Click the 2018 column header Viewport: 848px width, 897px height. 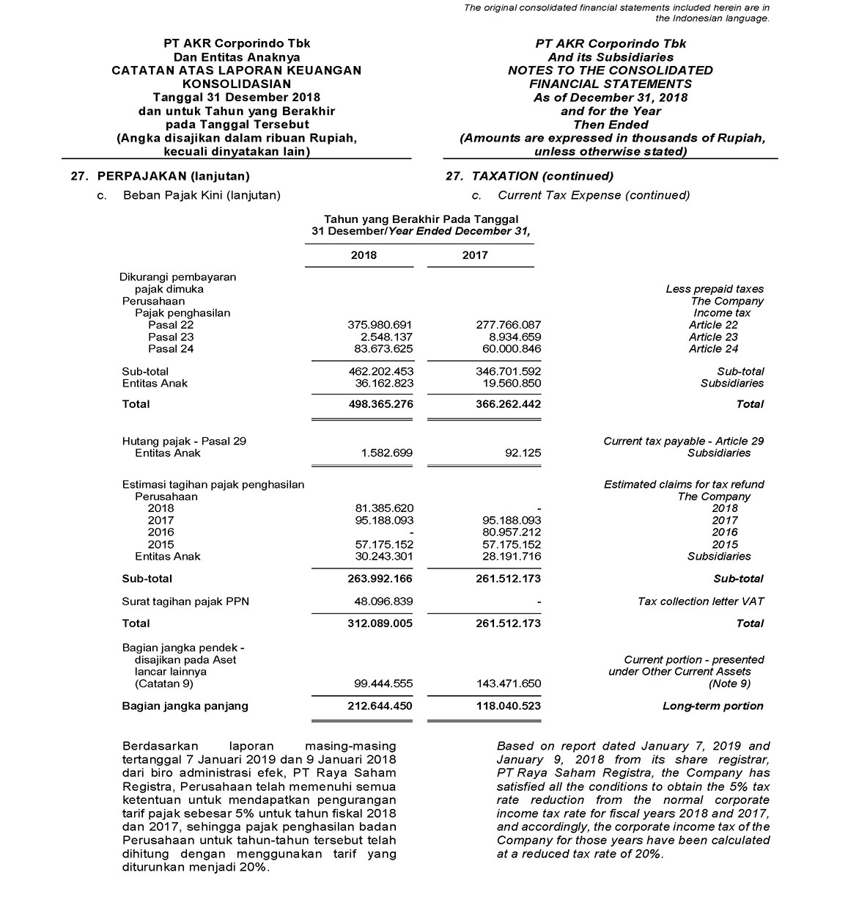(x=364, y=255)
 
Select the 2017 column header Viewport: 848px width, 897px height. (x=474, y=255)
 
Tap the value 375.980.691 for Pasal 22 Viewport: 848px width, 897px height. (x=380, y=325)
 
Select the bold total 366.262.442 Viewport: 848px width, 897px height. (x=505, y=404)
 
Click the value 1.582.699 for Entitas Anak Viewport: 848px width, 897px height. (x=386, y=453)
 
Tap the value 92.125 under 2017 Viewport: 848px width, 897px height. (x=523, y=453)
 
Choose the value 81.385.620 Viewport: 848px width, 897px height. (x=383, y=508)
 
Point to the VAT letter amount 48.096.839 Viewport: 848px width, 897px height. (x=383, y=601)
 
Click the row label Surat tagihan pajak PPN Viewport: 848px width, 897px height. (x=185, y=601)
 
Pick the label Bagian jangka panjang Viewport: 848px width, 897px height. (x=185, y=706)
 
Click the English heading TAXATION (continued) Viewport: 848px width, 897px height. (x=542, y=176)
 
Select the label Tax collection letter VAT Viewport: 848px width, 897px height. (x=700, y=601)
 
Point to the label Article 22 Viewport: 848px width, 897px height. (x=713, y=325)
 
